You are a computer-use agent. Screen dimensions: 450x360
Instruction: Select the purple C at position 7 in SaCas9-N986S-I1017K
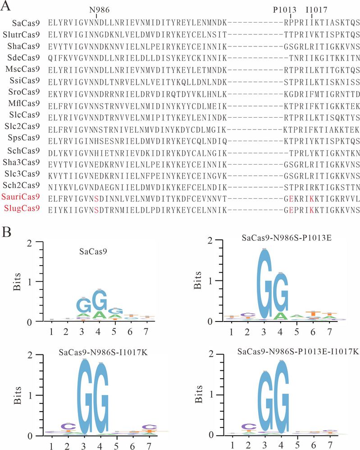pos(146,427)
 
